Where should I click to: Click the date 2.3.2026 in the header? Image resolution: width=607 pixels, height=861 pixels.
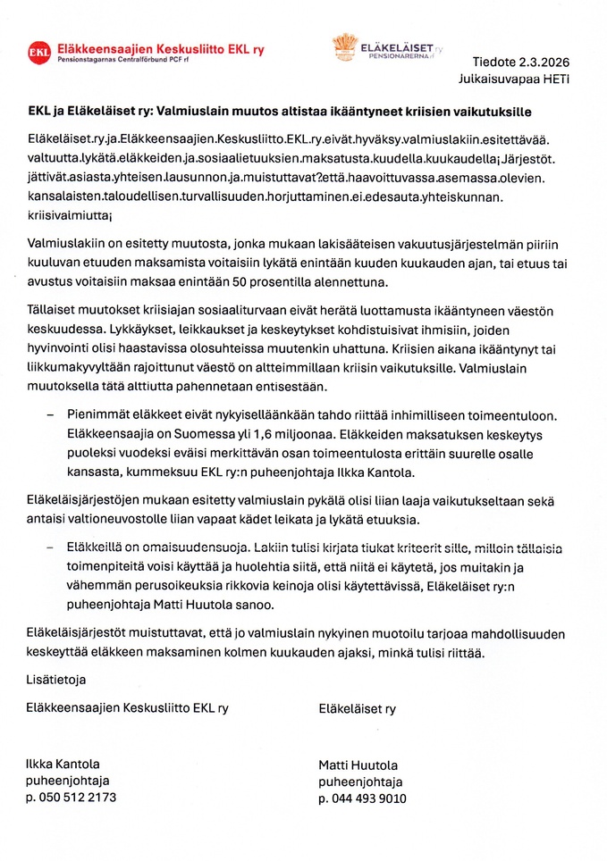tap(540, 62)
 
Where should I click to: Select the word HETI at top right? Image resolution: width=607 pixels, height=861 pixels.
tap(553, 79)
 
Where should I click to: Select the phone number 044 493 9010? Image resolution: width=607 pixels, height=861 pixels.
tap(369, 798)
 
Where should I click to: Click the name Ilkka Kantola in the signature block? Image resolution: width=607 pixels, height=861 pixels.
tap(63, 765)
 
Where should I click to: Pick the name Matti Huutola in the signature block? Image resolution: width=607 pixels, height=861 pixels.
tap(358, 765)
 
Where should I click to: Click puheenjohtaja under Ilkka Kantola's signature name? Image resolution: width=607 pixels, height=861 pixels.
tap(67, 781)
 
